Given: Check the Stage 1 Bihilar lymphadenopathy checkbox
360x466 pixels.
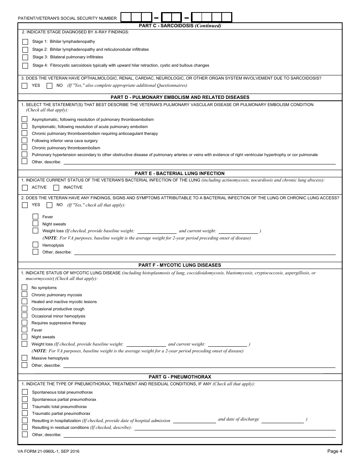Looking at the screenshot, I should (25, 42).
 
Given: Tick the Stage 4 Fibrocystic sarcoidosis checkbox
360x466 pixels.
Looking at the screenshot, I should (25, 66).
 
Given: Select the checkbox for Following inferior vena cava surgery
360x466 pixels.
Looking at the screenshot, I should (25, 141).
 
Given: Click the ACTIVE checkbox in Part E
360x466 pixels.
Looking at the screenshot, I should (25, 188).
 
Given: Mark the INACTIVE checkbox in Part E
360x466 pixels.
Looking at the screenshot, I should (56, 188).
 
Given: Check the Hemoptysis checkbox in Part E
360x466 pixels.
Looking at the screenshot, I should (35, 245).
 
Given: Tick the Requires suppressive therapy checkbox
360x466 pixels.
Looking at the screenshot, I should (25, 323).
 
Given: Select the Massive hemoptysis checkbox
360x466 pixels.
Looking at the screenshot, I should (25, 358).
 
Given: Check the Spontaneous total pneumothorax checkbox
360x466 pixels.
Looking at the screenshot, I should (25, 392).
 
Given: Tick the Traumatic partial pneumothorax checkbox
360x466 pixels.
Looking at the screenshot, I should (25, 413).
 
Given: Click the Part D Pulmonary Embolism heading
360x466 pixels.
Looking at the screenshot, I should (180, 97).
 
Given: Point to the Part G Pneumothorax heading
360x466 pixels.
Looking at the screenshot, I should (180, 377).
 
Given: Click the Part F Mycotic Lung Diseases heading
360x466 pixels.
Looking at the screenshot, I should (180, 265).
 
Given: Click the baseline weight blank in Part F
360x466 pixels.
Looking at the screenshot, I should (146, 344).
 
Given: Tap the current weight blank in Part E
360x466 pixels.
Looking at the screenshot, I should (238, 231).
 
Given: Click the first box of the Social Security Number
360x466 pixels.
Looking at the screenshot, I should (126, 17).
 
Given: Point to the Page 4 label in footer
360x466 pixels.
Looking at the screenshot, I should (335, 451).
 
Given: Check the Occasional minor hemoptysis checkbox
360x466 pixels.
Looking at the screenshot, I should (25, 316).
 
